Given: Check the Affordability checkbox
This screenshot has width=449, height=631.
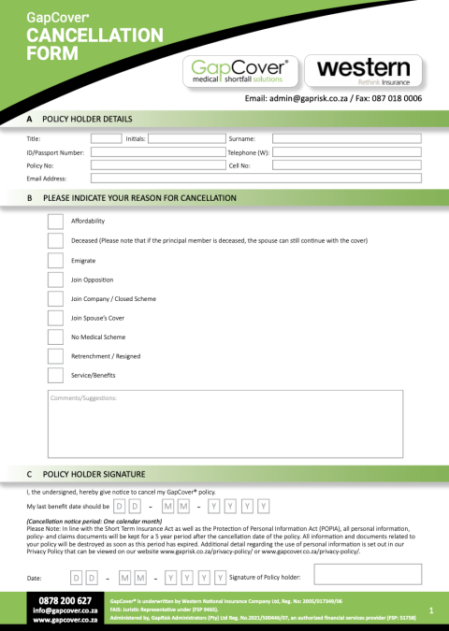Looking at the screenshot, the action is tap(54, 222).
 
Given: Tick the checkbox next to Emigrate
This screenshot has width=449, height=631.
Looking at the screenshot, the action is tap(54, 260).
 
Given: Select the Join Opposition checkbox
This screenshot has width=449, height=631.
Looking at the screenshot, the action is tap(54, 280).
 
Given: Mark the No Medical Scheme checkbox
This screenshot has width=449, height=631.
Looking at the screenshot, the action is tap(54, 337).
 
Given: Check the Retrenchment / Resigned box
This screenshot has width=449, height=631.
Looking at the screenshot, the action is tap(54, 356).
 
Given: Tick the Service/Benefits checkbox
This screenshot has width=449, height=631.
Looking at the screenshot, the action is tap(54, 375).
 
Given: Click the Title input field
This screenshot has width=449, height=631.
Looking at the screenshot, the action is tap(106, 138).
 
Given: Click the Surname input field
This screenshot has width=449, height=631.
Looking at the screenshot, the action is tap(346, 138).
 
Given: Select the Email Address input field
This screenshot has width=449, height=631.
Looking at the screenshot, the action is tap(255, 178).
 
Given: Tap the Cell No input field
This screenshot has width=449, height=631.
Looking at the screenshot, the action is tap(346, 165).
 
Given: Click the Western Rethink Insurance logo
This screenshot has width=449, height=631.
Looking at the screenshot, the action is tap(364, 71).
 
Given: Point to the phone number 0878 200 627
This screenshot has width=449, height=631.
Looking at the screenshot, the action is tap(65, 600).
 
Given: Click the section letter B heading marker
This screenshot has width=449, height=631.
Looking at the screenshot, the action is tap(30, 198).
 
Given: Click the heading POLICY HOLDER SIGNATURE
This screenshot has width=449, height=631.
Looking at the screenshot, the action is tap(94, 475).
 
